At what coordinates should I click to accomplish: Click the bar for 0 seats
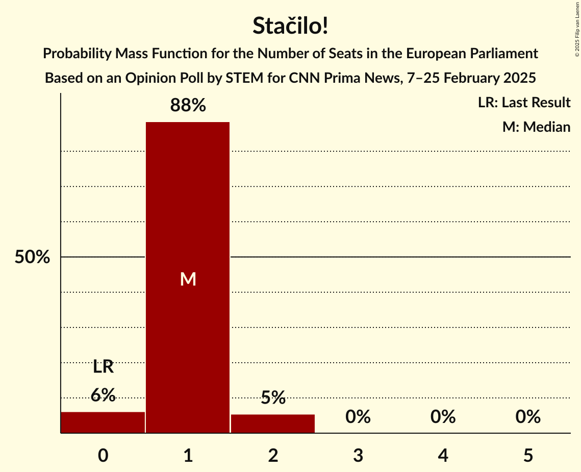click(103, 422)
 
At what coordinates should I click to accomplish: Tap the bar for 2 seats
click(273, 423)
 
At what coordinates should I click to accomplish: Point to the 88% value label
click(188, 106)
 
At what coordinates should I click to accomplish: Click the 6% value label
click(103, 395)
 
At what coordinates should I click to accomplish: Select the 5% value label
click(273, 397)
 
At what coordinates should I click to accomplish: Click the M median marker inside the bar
click(188, 279)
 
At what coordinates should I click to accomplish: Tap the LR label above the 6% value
click(103, 367)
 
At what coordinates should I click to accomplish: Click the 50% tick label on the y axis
click(32, 257)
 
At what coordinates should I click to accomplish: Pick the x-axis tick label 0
click(103, 455)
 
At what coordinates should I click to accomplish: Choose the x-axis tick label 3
click(358, 455)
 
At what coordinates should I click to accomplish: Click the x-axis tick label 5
click(528, 455)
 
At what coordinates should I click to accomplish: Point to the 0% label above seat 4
click(443, 417)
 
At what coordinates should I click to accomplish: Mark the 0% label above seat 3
click(358, 417)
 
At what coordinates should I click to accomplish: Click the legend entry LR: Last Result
click(524, 103)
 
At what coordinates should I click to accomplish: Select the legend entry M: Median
click(536, 127)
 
